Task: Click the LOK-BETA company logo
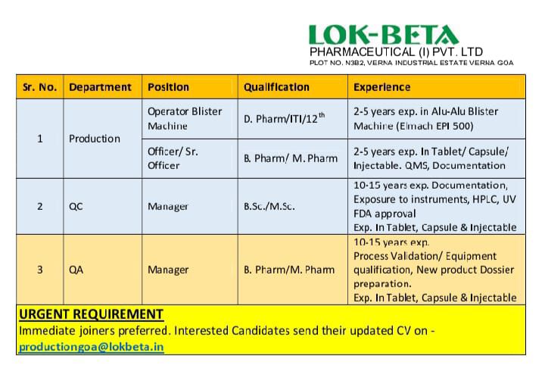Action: pyautogui.click(x=383, y=35)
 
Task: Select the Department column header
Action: pyautogui.click(x=100, y=87)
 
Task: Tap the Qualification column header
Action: pyautogui.click(x=276, y=87)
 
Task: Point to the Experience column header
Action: pyautogui.click(x=381, y=87)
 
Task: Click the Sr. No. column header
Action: pyautogui.click(x=39, y=87)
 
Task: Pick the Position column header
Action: pyautogui.click(x=168, y=87)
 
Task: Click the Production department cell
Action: pyautogui.click(x=94, y=139)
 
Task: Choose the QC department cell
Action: pyautogui.click(x=76, y=206)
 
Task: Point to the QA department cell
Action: pyautogui.click(x=76, y=270)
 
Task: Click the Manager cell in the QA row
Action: pyautogui.click(x=168, y=270)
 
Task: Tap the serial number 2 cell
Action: pyautogui.click(x=39, y=206)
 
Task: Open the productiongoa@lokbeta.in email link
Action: pyautogui.click(x=91, y=347)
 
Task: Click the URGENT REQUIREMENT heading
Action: pyautogui.click(x=90, y=314)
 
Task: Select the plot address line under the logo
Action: pyautogui.click(x=412, y=62)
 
